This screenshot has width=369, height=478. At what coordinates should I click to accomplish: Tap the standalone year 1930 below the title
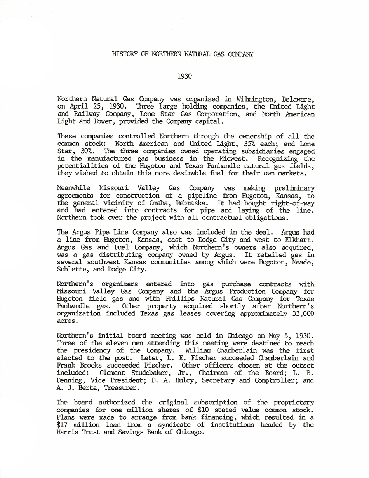(184, 76)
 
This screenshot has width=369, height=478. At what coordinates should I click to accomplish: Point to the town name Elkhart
(301, 240)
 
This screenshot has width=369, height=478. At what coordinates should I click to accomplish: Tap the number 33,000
(303, 314)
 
